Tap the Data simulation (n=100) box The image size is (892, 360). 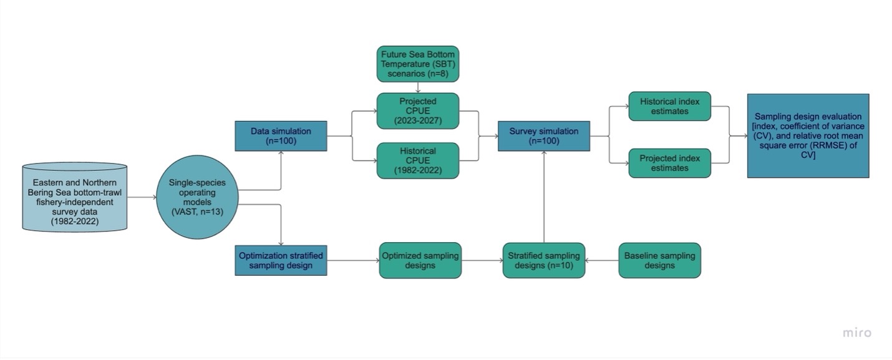pos(281,136)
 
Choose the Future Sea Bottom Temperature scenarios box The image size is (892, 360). pos(417,64)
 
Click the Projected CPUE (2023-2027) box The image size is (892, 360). pos(417,111)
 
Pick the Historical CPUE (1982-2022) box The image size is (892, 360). pos(417,161)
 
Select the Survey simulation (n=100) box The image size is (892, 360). pos(543,136)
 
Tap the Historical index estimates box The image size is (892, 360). pos(669,106)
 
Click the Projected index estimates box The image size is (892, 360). pos(669,163)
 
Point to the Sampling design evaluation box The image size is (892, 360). pos(808,135)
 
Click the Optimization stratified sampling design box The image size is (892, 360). pos(281,260)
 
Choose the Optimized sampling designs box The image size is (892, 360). pos(420,260)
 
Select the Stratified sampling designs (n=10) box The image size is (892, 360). pos(543,260)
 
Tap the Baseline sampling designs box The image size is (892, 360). pos(659,260)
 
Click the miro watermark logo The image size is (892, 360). pos(856,333)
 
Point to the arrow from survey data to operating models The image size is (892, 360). pos(142,197)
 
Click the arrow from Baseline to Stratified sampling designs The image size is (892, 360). pos(602,260)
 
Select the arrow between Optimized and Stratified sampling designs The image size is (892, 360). pos(482,260)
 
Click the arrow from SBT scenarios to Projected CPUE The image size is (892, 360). pos(417,87)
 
